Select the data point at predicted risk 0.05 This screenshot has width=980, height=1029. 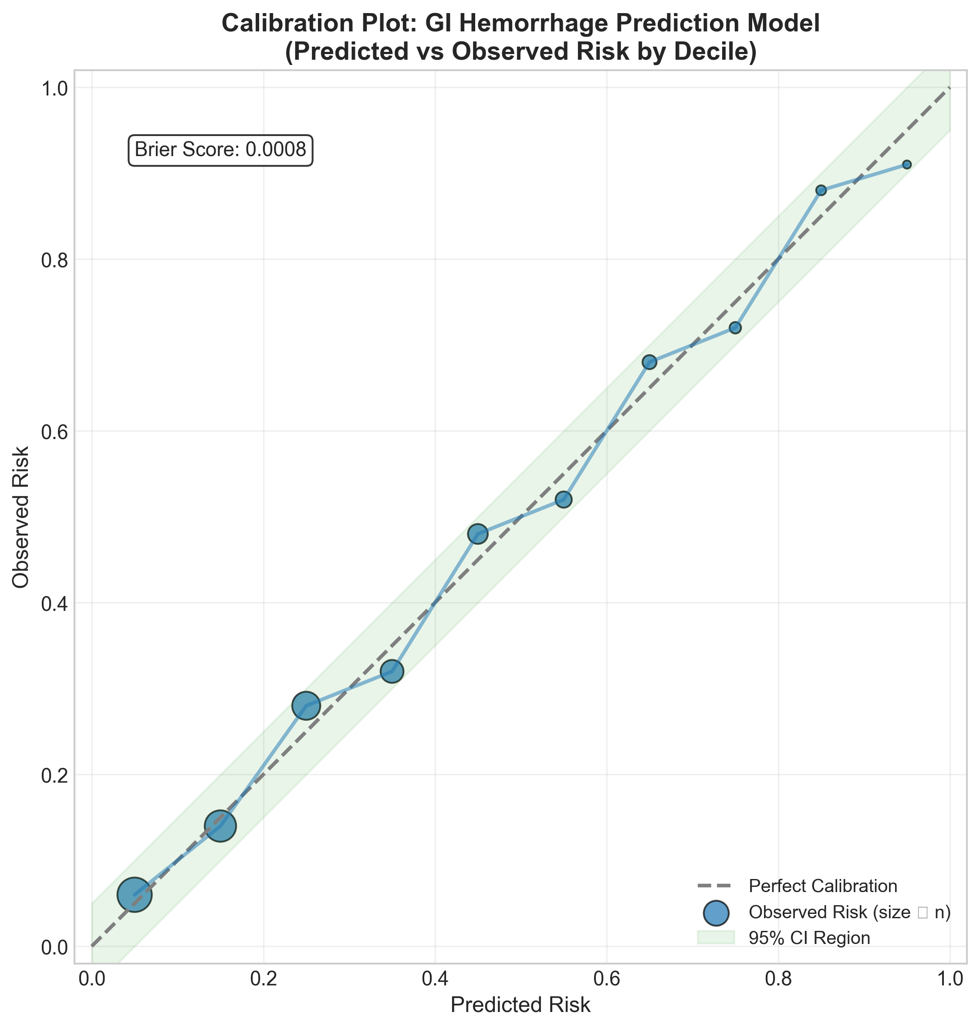coord(134,895)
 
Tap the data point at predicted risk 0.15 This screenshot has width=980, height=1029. coord(220,826)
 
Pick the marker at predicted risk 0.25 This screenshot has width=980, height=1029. coord(306,706)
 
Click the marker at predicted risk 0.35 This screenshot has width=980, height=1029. coord(392,671)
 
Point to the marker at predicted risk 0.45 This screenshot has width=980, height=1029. coord(478,534)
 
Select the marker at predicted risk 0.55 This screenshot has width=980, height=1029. coord(564,499)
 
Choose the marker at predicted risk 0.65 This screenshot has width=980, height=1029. coord(649,362)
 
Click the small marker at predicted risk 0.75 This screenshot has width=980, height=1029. coord(735,328)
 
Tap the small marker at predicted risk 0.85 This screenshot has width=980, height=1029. coord(821,191)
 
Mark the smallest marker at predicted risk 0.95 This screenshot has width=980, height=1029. coord(907,165)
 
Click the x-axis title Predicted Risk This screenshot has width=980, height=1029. coord(520,1005)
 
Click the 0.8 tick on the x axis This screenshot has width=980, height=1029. coord(778,979)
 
